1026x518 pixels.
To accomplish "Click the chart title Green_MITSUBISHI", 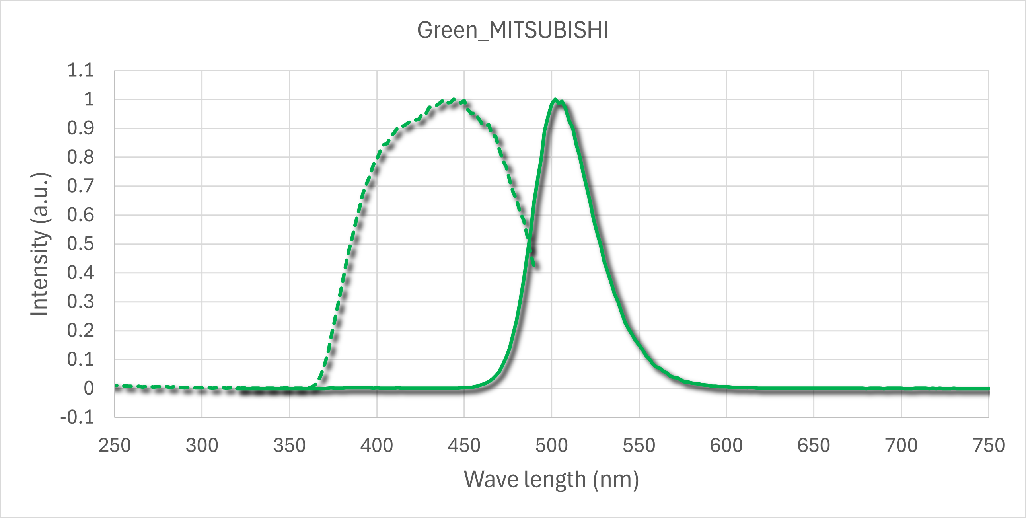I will (512, 30).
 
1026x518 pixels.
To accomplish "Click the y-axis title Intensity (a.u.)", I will (40, 244).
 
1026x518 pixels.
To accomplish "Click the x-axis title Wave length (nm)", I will (551, 479).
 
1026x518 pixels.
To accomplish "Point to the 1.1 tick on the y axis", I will (80, 70).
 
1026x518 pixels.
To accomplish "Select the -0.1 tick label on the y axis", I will (77, 418).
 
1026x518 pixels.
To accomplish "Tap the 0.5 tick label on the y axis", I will (80, 244).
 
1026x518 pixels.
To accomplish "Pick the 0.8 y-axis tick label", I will (80, 158).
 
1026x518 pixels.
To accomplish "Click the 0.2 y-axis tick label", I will (80, 331).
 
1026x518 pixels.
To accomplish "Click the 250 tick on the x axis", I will (115, 446).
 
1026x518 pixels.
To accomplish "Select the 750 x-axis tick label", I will (989, 446).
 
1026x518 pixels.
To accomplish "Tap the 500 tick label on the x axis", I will (551, 446).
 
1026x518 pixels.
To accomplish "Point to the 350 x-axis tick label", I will (289, 446).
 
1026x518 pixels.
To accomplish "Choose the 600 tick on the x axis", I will (726, 446).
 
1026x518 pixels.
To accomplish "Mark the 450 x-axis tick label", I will (464, 446).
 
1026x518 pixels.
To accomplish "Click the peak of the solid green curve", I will (555, 99).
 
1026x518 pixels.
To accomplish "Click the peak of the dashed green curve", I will (454, 99).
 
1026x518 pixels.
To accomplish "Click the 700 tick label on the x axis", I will (901, 446).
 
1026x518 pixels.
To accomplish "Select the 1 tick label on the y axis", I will (89, 99).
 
